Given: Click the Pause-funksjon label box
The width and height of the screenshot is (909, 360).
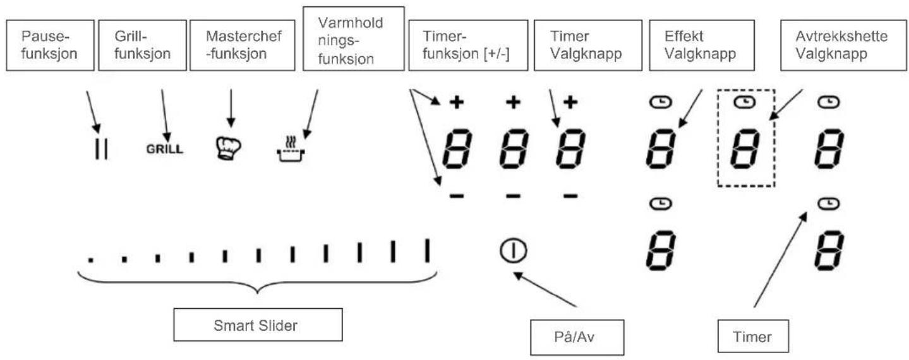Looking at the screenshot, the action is (x=50, y=45).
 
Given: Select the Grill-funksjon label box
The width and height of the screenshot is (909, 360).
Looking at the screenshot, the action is (x=142, y=45).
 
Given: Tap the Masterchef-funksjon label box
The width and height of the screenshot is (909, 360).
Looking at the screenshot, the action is (x=243, y=45).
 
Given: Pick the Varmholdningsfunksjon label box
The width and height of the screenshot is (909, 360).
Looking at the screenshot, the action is (x=354, y=39).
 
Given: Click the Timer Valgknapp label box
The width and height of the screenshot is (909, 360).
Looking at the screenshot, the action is (x=588, y=45).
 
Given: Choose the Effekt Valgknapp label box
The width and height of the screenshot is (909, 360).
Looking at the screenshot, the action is (x=702, y=45).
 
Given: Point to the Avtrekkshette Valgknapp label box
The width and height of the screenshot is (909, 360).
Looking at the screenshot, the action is (x=843, y=45).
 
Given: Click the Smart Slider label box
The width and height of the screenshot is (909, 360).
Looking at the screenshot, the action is (x=258, y=325).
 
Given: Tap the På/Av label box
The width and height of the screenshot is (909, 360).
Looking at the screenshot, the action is (x=577, y=337).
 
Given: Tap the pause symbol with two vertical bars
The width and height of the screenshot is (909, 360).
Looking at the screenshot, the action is (x=101, y=149).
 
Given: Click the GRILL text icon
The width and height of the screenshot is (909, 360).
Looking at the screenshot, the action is (x=164, y=149).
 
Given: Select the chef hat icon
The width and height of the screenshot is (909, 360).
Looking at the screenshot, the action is (x=227, y=148).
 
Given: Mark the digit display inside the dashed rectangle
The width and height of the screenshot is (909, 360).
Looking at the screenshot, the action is (x=745, y=148).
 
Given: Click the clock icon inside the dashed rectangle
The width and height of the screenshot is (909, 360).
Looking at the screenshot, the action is (x=745, y=102).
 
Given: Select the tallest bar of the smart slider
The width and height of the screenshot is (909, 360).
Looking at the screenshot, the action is (x=427, y=250).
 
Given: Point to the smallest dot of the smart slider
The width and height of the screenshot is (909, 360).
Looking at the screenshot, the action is (x=91, y=260).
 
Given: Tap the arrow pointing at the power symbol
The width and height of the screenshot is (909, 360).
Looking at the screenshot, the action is (x=545, y=289).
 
